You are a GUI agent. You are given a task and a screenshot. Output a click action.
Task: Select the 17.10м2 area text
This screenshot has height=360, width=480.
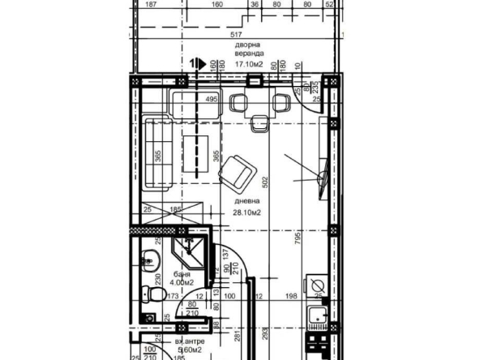[250, 62]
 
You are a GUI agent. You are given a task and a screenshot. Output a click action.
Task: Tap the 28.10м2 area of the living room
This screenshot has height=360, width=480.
[246, 212]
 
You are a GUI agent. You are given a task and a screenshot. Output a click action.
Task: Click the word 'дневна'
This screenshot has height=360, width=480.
[247, 200]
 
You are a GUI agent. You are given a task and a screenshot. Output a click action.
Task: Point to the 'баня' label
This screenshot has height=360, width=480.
[181, 275]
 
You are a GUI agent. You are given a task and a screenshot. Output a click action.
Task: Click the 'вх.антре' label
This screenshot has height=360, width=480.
[188, 343]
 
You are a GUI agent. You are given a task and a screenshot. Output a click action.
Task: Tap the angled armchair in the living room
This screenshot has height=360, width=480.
[239, 170]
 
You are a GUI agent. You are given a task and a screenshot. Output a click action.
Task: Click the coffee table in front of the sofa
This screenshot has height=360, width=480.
[194, 152]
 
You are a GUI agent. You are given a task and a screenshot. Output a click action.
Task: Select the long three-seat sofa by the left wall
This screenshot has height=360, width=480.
[156, 152]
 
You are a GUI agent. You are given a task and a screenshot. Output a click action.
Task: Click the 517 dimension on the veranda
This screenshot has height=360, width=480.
[237, 35]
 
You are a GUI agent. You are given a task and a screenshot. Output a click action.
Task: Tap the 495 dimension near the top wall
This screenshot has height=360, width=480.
[210, 100]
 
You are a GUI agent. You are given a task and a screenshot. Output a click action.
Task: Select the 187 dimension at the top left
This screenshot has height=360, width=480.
[150, 4]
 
